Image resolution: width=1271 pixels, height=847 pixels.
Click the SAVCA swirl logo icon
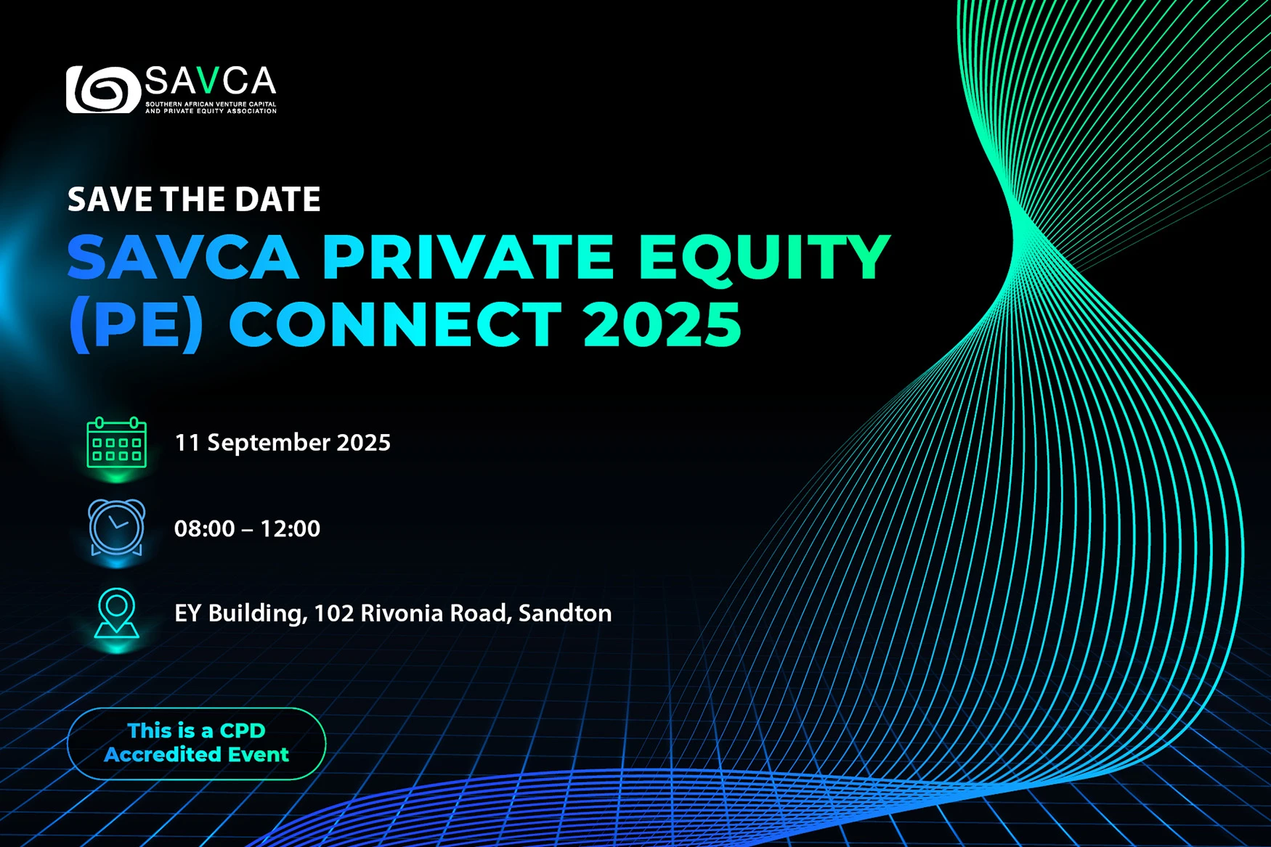(x=103, y=90)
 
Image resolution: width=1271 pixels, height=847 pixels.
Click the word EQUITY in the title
(x=764, y=257)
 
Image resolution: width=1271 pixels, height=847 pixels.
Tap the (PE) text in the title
(x=136, y=324)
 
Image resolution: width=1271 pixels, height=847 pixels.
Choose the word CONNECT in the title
(x=395, y=324)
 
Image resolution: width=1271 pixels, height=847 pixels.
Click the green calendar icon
(x=116, y=443)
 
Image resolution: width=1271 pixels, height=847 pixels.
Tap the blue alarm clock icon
(x=116, y=528)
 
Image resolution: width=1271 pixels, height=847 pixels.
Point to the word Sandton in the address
(x=565, y=613)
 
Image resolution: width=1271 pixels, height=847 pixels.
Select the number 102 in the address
(x=334, y=613)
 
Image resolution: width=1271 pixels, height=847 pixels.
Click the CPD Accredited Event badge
(x=196, y=743)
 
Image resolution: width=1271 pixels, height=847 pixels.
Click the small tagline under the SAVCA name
(x=211, y=107)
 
